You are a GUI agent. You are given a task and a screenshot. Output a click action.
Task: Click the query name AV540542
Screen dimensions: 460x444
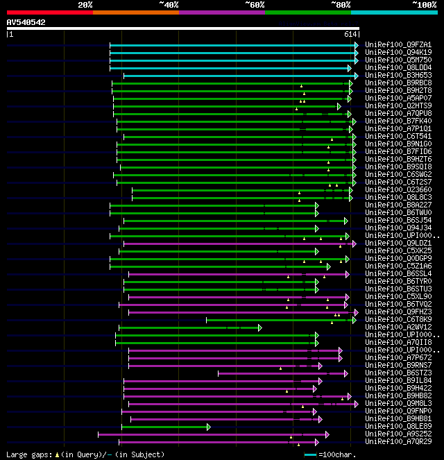tap(26, 23)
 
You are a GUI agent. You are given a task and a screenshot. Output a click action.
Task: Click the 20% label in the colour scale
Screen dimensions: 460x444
tap(85, 5)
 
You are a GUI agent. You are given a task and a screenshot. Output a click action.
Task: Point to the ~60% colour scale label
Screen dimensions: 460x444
tap(255, 5)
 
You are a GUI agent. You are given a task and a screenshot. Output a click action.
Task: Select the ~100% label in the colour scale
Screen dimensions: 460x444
tap(424, 5)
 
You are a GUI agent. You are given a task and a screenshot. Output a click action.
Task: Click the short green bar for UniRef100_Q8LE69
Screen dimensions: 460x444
tap(164, 427)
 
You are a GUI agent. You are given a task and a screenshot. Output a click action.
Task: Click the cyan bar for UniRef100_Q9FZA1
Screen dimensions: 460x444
tap(232, 45)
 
